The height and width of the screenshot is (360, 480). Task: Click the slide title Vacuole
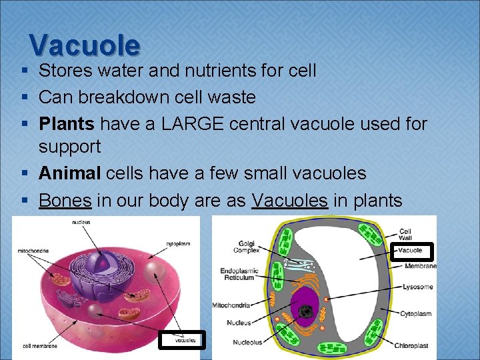(85, 45)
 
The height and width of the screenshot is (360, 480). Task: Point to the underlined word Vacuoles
(289, 200)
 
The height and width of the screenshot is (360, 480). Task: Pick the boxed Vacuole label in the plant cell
(411, 251)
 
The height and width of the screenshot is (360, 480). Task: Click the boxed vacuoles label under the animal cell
(185, 340)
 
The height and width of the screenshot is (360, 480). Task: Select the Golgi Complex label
(246, 247)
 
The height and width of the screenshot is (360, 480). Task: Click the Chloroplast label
(415, 345)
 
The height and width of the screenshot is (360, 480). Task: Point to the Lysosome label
(417, 287)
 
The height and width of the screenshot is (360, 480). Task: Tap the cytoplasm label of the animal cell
(178, 244)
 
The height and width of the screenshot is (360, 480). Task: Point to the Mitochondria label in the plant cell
(231, 305)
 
